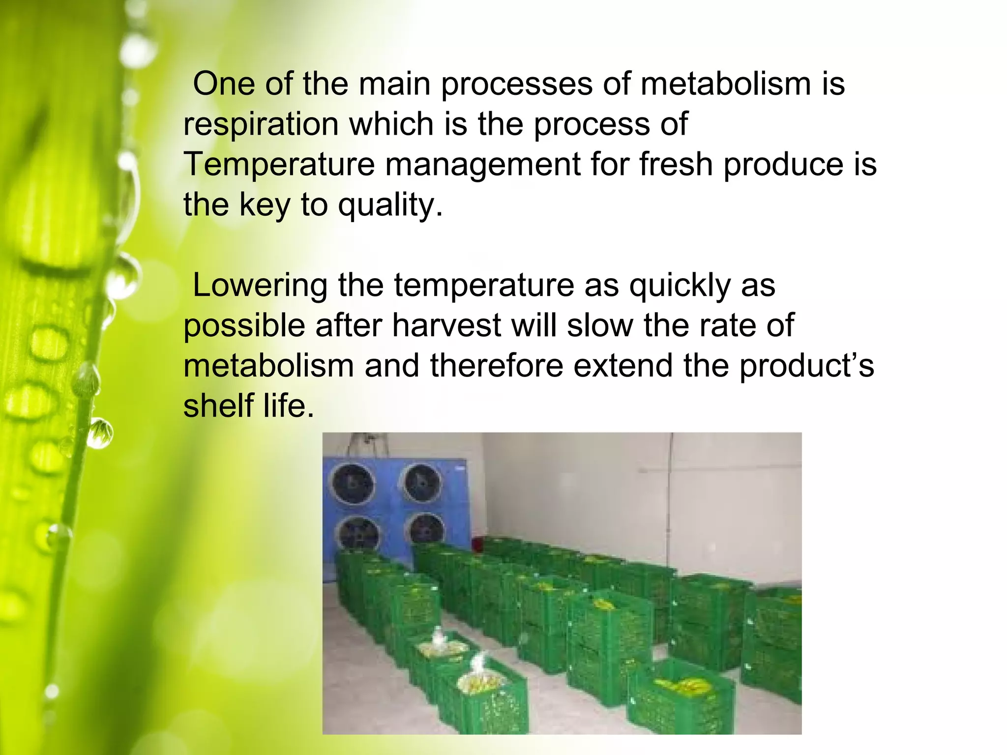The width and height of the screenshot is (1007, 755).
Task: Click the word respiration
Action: pyautogui.click(x=261, y=124)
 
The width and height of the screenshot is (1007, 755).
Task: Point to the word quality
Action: pyautogui.click(x=390, y=205)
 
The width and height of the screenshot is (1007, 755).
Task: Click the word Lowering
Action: pyautogui.click(x=260, y=286)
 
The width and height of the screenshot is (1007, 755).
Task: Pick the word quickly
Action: pyautogui.click(x=680, y=286)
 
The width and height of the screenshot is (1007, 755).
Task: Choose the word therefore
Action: pyautogui.click(x=497, y=366)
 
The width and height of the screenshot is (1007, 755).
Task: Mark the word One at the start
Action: pyautogui.click(x=224, y=84)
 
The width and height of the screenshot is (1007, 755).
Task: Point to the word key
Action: pyautogui.click(x=265, y=205)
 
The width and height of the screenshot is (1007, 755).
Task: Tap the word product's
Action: pyautogui.click(x=807, y=367)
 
